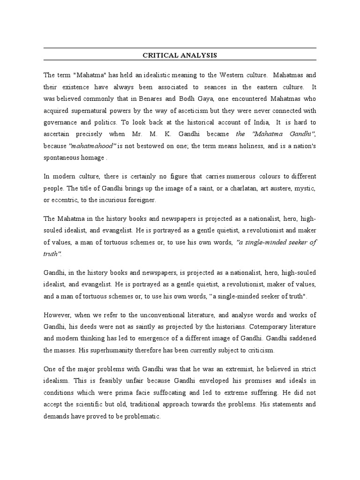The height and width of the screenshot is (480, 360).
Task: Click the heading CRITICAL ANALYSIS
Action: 180,55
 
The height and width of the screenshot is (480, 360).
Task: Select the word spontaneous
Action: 62,158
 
